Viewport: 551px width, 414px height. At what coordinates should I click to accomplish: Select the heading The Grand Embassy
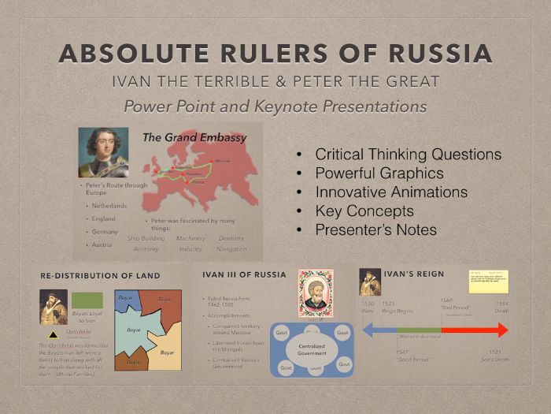194,137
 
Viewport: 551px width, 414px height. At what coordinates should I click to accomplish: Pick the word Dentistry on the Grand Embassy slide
231,238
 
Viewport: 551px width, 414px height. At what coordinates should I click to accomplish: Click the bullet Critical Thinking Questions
408,155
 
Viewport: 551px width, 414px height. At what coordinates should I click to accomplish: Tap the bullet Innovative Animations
390,192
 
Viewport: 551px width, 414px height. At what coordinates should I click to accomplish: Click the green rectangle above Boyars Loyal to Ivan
87,300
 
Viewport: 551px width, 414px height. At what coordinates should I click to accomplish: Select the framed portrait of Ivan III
315,293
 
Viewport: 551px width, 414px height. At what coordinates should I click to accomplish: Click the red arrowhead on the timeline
501,330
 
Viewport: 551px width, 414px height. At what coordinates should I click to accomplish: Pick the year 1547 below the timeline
402,352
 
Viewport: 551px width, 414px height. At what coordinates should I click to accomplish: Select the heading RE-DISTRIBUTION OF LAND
100,276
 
